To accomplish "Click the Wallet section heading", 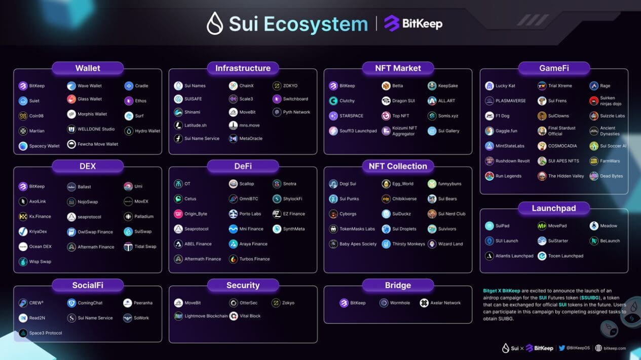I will [88, 68].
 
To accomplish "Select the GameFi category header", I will [553, 68].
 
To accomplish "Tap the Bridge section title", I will [398, 285].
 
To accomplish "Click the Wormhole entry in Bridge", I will [395, 303].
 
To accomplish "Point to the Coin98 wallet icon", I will [23, 116].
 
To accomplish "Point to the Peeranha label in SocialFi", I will [143, 303].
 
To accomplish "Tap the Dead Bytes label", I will [611, 176].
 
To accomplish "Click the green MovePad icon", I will [542, 226].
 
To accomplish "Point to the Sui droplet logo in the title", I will [215, 24].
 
